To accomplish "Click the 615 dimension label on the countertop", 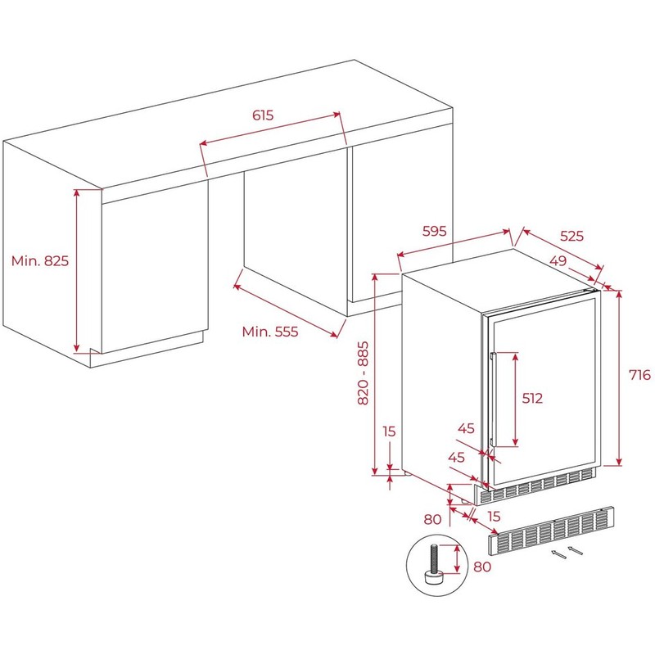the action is click(x=263, y=115).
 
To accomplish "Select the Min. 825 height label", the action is click(x=39, y=260).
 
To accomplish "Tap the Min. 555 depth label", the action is click(x=270, y=332).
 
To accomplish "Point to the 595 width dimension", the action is click(x=435, y=231).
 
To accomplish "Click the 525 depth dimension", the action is click(x=571, y=236).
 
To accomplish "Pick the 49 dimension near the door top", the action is click(x=558, y=260).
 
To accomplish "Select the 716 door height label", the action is click(x=640, y=375).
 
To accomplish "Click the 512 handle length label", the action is click(x=532, y=398).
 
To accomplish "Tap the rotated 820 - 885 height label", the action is click(x=363, y=373).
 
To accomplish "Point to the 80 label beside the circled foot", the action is click(x=482, y=567).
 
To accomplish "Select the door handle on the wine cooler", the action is click(x=493, y=400).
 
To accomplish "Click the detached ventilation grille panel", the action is click(x=551, y=530).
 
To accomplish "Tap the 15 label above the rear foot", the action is click(x=389, y=431).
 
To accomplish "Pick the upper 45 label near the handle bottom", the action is click(x=466, y=428).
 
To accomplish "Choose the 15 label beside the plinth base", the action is click(x=494, y=517).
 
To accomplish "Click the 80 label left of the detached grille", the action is click(x=432, y=519).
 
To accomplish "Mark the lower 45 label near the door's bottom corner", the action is click(x=456, y=457).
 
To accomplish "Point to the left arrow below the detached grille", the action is click(x=559, y=554).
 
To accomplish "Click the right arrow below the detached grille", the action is click(x=576, y=550).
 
